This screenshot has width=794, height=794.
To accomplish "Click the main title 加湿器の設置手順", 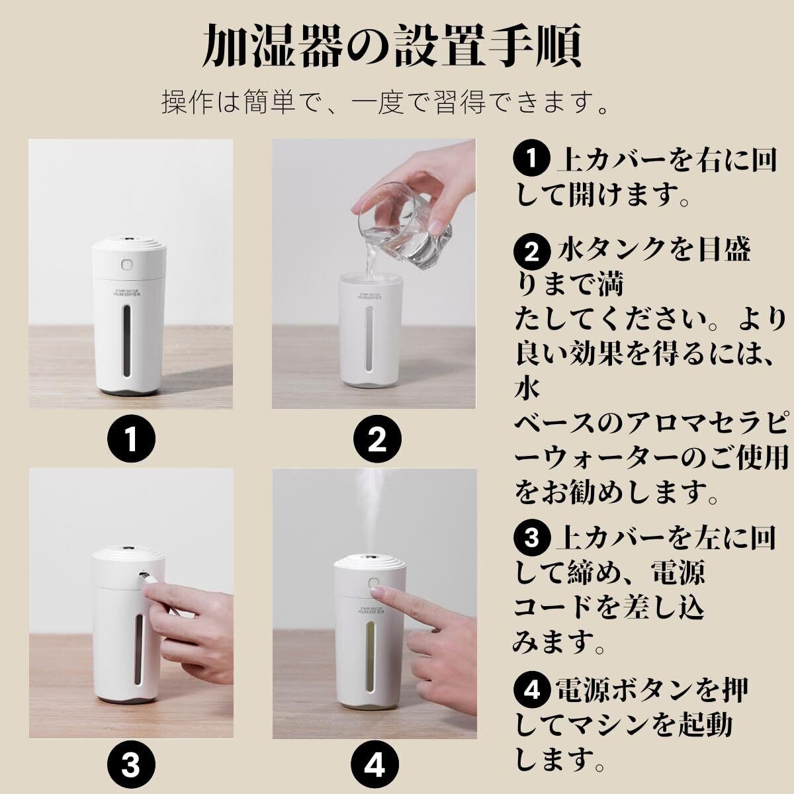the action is pos(392,46).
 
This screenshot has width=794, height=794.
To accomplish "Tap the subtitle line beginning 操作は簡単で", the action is pos(385,102).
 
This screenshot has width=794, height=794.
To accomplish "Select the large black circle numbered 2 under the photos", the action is pos(377,439).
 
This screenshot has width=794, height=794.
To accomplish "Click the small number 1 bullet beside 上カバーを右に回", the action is pos(531,159).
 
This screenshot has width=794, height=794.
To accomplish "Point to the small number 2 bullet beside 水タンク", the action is pos(531,252).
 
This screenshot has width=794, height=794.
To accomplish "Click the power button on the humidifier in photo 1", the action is pos(126,265).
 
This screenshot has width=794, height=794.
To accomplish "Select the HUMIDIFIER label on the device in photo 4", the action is pos(371,612).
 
